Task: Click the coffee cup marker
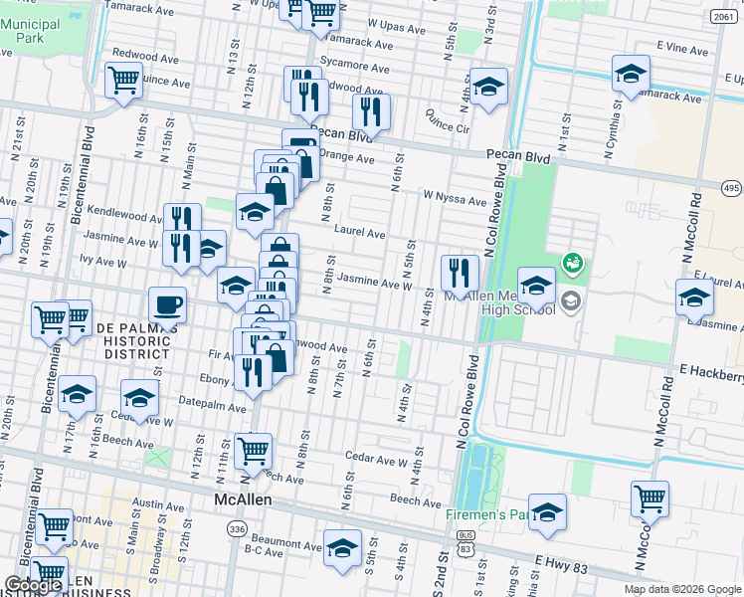[167, 304]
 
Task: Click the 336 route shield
[236, 528]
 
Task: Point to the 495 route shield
[731, 189]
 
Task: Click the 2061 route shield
[723, 17]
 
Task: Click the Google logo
[33, 585]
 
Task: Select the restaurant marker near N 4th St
[460, 273]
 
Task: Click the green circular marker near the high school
[573, 265]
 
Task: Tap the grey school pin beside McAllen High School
[570, 299]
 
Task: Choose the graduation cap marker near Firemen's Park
[547, 513]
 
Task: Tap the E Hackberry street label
[711, 372]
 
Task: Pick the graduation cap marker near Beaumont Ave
[343, 549]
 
